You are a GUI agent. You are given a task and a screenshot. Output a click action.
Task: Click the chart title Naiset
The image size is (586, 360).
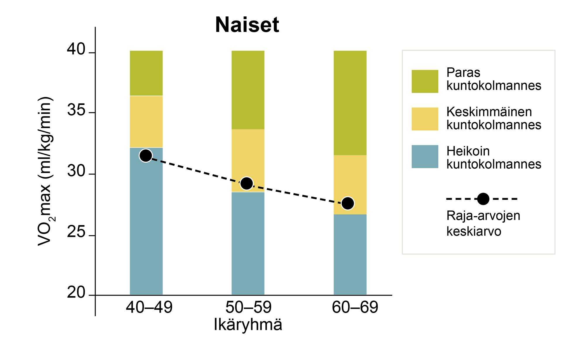[247, 25]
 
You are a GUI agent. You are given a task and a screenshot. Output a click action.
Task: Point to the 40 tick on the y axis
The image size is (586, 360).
[76, 50]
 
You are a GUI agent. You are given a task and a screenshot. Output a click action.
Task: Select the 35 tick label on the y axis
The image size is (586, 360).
[76, 111]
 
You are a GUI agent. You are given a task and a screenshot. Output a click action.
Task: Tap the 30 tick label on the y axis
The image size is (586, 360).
[76, 171]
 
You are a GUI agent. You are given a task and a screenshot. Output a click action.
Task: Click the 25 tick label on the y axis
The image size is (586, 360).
[76, 233]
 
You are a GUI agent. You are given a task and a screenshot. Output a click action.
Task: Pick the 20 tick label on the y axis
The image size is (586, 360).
[76, 293]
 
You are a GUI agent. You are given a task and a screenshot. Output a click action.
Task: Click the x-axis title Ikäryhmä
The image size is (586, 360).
[248, 325]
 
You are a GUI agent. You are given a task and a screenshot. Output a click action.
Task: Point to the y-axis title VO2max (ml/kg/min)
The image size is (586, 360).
[45, 171]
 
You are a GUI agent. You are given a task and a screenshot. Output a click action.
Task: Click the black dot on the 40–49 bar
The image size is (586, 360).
[146, 155]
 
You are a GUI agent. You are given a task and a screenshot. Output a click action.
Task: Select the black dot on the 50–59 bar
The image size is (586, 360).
[247, 184]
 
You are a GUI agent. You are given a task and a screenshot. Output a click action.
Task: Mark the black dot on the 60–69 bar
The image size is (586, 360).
[348, 203]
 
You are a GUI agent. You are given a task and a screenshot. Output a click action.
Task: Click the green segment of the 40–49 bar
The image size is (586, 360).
[146, 73]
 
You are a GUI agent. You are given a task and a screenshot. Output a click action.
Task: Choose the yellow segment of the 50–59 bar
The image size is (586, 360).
[248, 161]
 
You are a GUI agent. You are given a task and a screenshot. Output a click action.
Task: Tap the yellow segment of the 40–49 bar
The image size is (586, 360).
[146, 122]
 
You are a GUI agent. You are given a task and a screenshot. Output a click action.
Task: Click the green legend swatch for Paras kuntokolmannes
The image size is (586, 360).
[425, 81]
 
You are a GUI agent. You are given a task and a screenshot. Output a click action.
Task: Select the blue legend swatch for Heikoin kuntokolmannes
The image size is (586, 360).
[425, 157]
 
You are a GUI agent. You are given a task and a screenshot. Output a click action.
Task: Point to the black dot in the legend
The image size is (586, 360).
[483, 199]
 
